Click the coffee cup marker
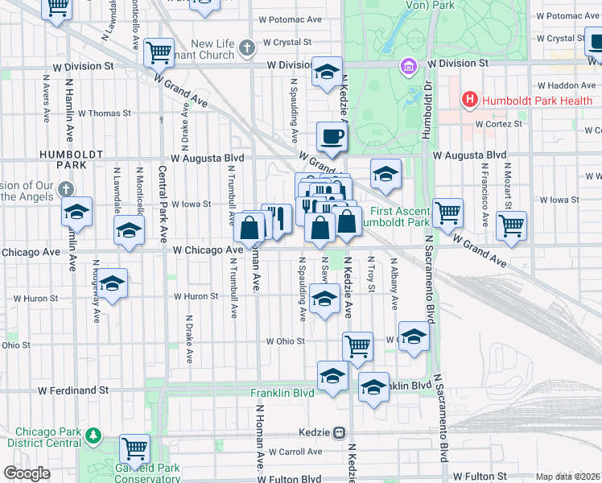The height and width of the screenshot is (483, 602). coord(331,136)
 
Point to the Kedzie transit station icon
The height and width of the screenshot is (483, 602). coord(340,432)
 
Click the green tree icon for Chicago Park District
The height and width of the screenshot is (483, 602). coord(94,436)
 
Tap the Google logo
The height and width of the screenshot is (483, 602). coord(27,473)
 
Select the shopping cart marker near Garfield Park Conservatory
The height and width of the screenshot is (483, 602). coord(134,448)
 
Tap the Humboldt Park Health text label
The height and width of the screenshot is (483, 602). coord(531,101)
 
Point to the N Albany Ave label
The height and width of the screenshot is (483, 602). coord(394,283)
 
